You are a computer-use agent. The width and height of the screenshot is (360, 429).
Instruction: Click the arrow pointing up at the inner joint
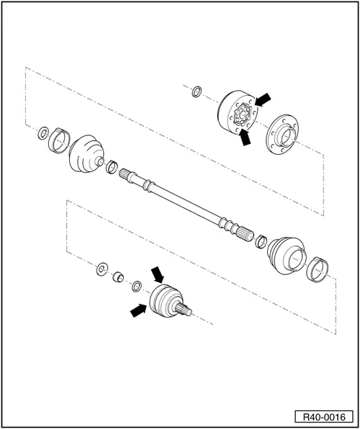pyautogui.click(x=246, y=137)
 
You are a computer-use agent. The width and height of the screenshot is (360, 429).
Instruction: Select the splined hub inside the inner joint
pyautogui.click(x=243, y=114)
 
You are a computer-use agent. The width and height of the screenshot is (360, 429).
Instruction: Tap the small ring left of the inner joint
pyautogui.click(x=197, y=91)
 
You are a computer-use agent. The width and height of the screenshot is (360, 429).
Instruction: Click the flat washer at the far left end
pyautogui.click(x=43, y=132)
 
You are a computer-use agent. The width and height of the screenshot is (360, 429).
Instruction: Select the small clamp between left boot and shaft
pyautogui.click(x=112, y=168)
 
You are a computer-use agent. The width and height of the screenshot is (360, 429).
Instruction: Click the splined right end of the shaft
pyautogui.click(x=243, y=234)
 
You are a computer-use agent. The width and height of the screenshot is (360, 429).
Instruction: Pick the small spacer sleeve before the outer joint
pyautogui.click(x=118, y=277)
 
